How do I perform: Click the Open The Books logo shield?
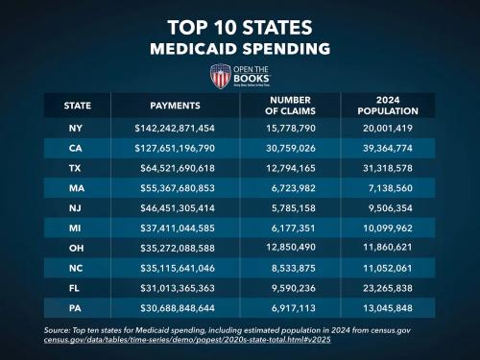(x=220, y=76)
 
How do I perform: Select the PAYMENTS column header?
(x=175, y=105)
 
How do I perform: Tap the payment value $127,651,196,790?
(x=175, y=148)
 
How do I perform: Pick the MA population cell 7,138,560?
(x=395, y=189)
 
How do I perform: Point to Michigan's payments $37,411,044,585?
(x=175, y=229)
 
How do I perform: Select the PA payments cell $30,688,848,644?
(x=175, y=310)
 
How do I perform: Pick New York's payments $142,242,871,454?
(x=175, y=128)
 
